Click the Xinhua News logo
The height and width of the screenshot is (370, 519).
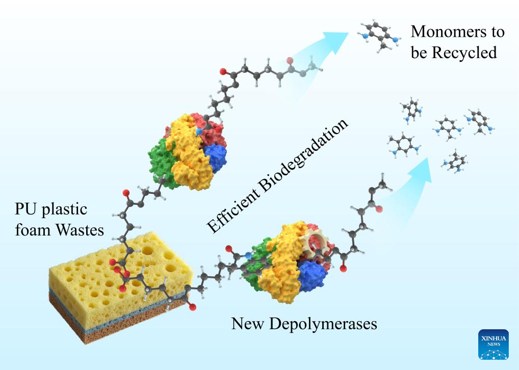pyautogui.click(x=493, y=345)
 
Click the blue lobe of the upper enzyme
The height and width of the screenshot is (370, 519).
pyautogui.click(x=216, y=157)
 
